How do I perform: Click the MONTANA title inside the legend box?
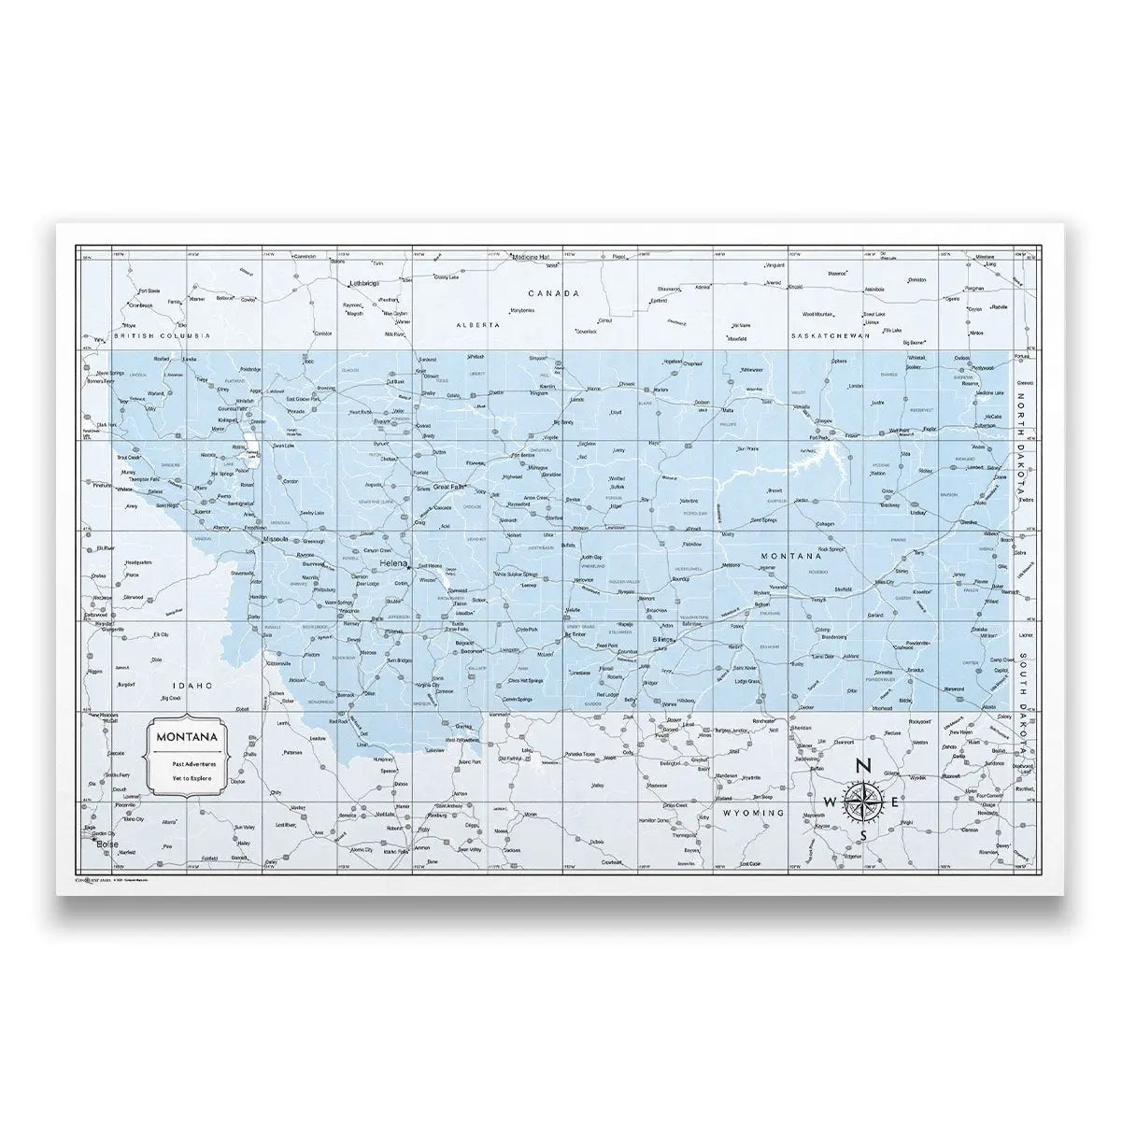[x=189, y=736]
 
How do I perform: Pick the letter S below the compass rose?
[x=863, y=834]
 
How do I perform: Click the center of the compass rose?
[x=863, y=802]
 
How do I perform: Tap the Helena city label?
[x=393, y=564]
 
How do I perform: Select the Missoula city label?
[x=277, y=539]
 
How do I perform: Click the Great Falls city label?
[x=447, y=486]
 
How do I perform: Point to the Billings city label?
[x=663, y=638]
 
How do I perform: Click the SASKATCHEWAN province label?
[x=831, y=334]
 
